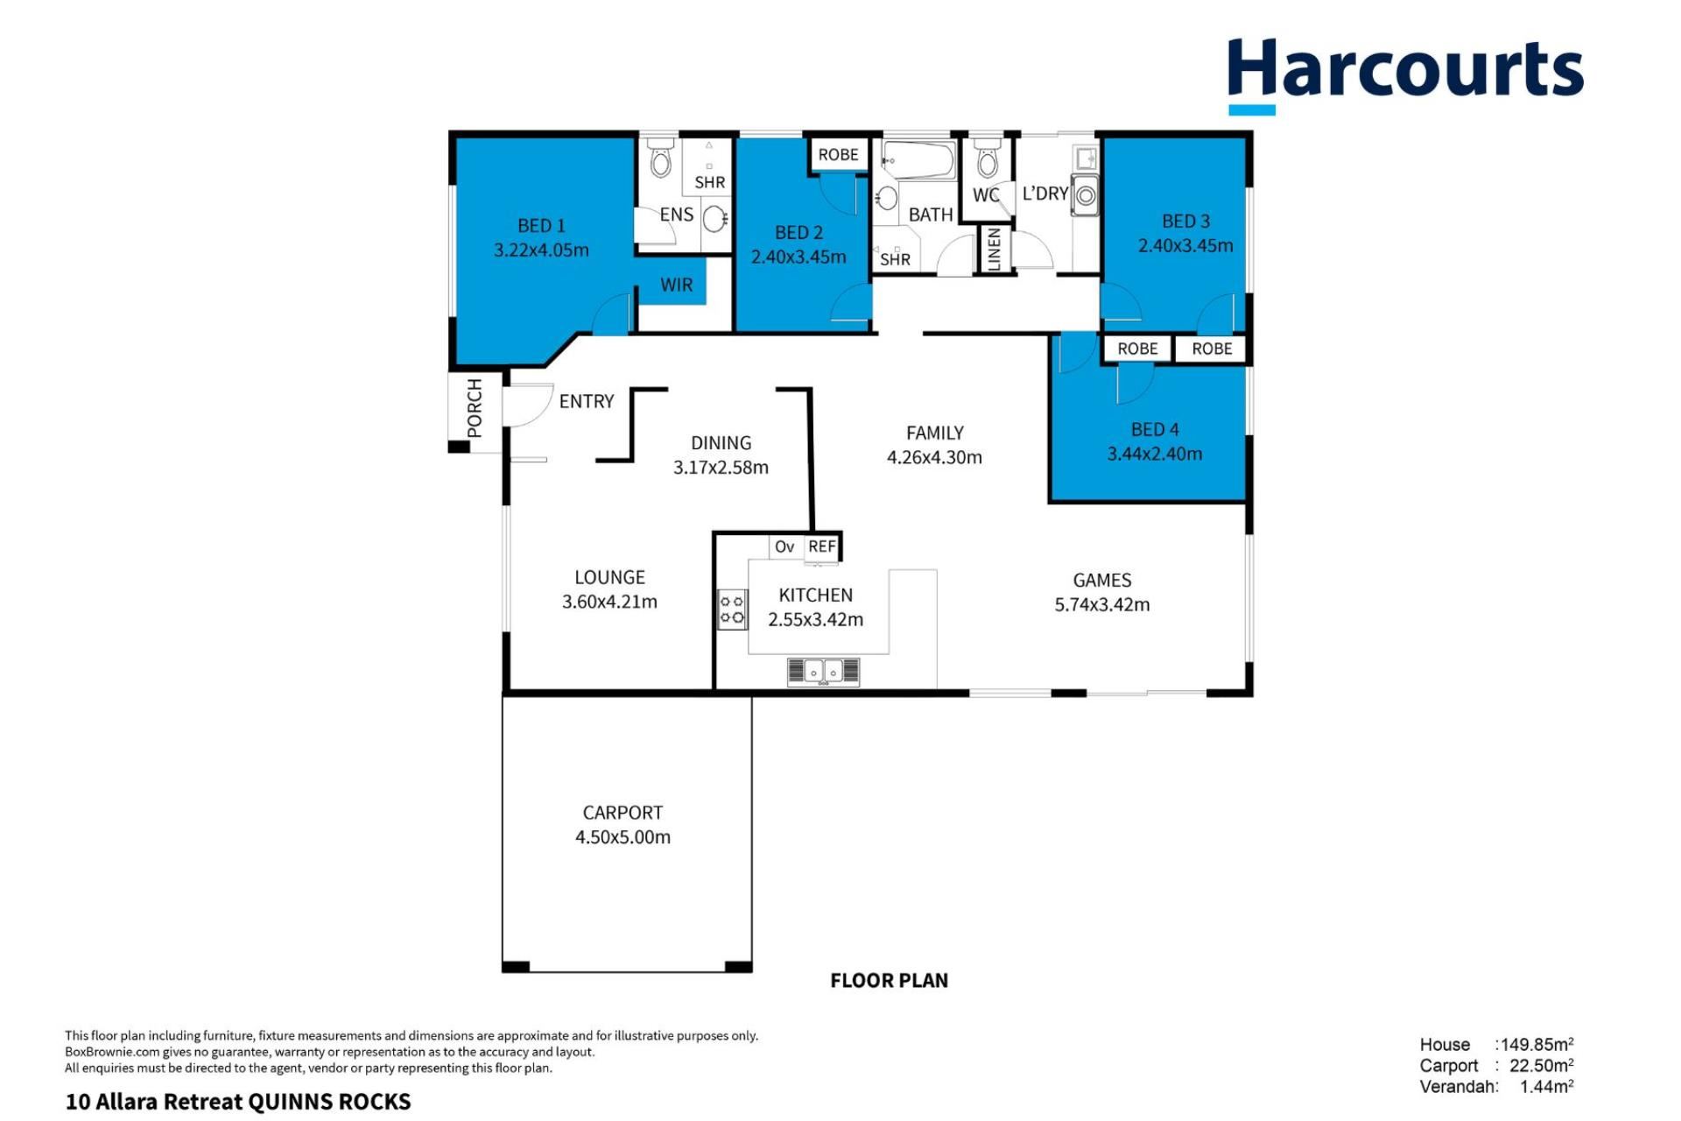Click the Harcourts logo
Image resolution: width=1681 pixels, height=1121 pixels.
tap(1405, 75)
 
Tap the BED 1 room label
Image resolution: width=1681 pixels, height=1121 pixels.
tap(541, 226)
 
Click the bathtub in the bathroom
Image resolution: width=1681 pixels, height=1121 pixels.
tap(918, 160)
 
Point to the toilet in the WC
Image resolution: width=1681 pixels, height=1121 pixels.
tap(988, 158)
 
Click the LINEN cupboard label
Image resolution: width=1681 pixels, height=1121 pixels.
tap(994, 250)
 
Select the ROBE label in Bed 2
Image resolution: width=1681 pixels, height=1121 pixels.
tap(838, 155)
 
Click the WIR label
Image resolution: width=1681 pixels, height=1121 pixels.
tap(676, 285)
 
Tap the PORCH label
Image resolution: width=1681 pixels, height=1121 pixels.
tap(475, 408)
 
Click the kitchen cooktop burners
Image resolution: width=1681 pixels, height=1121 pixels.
tap(732, 610)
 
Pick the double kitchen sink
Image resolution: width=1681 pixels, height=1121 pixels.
tap(823, 672)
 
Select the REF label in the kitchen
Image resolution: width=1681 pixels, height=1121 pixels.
tap(822, 546)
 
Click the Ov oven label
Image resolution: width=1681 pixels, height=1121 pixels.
tap(784, 546)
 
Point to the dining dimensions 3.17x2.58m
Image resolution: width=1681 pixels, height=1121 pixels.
tap(721, 468)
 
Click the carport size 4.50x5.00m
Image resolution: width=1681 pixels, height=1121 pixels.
tap(622, 837)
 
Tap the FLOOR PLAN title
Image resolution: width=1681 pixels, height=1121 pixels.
tap(889, 981)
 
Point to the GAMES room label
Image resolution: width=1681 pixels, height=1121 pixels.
tap(1102, 580)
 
